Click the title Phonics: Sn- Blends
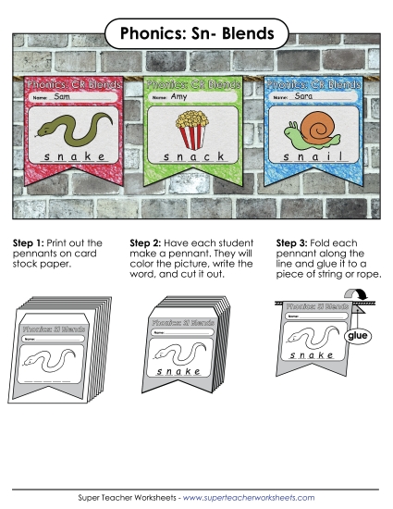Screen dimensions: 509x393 (196, 34)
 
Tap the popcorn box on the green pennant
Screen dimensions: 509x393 (192, 129)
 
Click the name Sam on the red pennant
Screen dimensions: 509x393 (62, 96)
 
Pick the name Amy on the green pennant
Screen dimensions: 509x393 (180, 96)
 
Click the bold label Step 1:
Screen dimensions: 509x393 (29, 242)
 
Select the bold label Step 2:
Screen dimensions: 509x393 (161, 242)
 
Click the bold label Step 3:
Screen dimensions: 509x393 (294, 242)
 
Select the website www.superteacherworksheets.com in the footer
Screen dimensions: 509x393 (249, 497)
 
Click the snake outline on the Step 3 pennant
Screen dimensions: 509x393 (310, 337)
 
